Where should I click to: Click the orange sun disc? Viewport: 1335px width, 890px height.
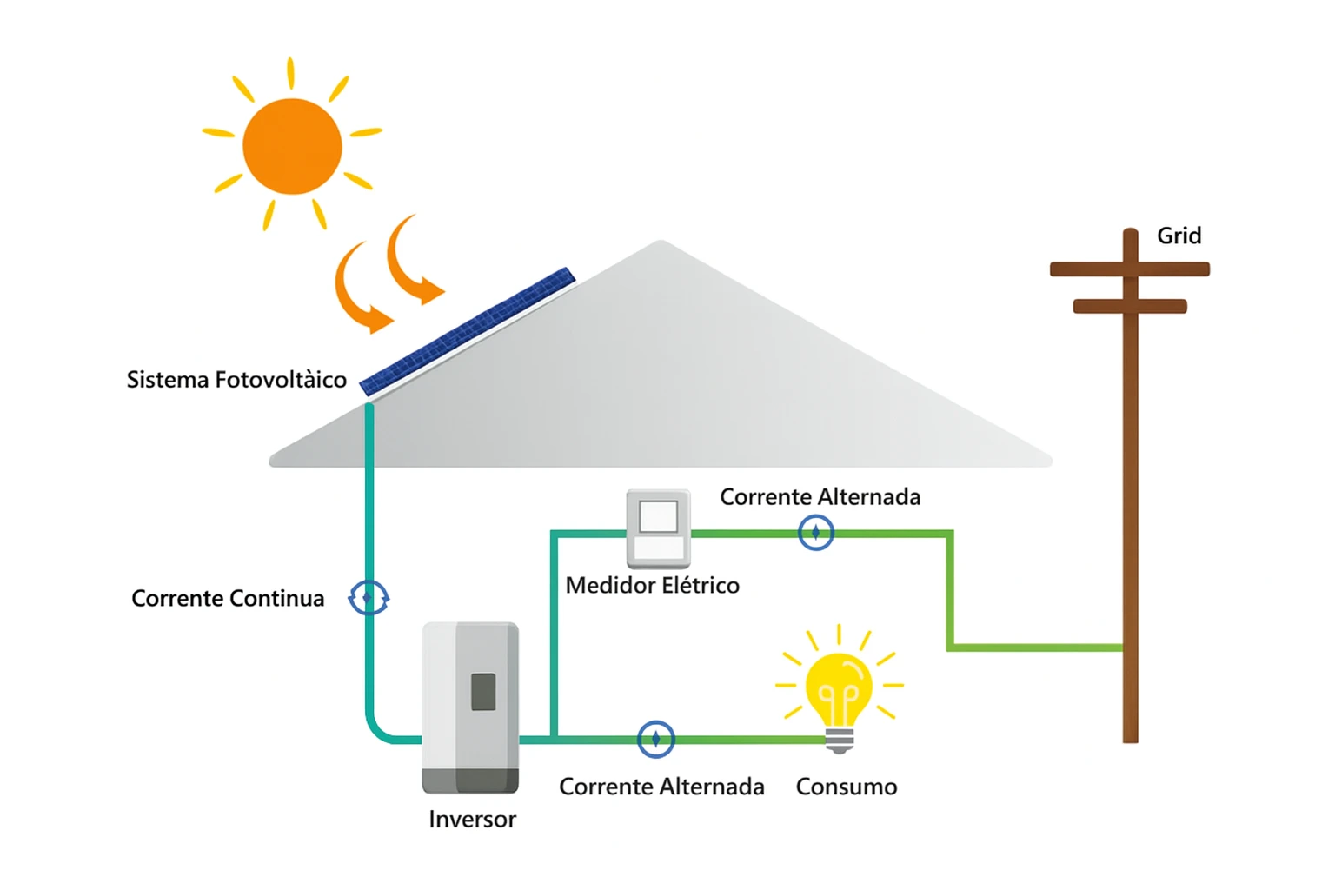(x=292, y=146)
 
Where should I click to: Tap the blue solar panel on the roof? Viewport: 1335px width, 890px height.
(x=468, y=331)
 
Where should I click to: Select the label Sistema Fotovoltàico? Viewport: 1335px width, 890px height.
(x=236, y=380)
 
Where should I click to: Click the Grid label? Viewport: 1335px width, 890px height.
(x=1179, y=236)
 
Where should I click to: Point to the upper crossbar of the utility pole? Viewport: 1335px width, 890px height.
(x=1129, y=269)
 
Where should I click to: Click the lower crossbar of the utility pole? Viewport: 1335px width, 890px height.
(x=1129, y=306)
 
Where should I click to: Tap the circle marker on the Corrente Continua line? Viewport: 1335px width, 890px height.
(x=369, y=597)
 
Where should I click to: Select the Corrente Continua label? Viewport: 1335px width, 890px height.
(x=228, y=599)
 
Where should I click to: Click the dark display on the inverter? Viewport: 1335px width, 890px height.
(x=483, y=692)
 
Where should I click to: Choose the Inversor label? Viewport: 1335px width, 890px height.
(x=472, y=820)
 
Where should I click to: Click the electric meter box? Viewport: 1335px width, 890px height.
(x=658, y=528)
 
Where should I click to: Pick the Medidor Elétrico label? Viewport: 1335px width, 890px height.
(x=652, y=586)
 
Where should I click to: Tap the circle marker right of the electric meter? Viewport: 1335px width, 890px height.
(x=815, y=532)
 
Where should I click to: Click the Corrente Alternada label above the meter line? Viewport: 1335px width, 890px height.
(x=820, y=497)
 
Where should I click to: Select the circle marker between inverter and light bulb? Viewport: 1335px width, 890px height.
(x=655, y=739)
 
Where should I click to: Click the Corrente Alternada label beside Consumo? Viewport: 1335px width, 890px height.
(x=661, y=787)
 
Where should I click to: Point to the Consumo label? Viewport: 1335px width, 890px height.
(x=846, y=787)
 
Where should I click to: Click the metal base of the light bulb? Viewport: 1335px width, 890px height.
(x=839, y=741)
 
